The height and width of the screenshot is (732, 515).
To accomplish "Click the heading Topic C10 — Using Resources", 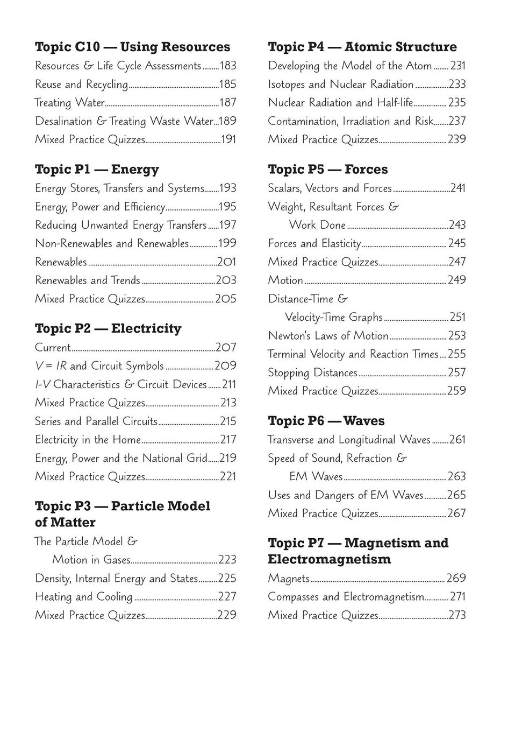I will pyautogui.click(x=132, y=47).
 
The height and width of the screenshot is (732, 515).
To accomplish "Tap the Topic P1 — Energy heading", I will pyautogui.click(x=97, y=170).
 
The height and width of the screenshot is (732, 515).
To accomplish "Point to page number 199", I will pyautogui.click(x=227, y=243).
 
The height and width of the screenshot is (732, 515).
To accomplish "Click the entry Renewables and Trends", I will pyautogui.click(x=88, y=280).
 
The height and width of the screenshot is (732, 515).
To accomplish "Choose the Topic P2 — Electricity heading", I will pyautogui.click(x=108, y=328).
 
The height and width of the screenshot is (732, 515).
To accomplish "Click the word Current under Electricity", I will pyautogui.click(x=53, y=348).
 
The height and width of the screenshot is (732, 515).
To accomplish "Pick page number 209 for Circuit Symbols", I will pyautogui.click(x=226, y=366).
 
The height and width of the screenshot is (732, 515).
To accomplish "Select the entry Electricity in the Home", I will pyautogui.click(x=88, y=440).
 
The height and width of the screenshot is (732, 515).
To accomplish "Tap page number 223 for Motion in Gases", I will pyautogui.click(x=227, y=560).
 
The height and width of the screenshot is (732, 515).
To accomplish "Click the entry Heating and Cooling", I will pyautogui.click(x=83, y=597).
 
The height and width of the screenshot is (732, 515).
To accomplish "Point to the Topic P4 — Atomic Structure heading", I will pyautogui.click(x=362, y=47).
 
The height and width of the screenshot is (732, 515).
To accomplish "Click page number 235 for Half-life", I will pyautogui.click(x=457, y=102).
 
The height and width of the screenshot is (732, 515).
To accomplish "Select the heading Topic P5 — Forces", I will pyautogui.click(x=327, y=170).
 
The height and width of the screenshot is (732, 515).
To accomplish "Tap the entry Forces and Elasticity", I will pyautogui.click(x=314, y=243).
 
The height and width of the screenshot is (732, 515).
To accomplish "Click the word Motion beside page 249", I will pyautogui.click(x=285, y=280).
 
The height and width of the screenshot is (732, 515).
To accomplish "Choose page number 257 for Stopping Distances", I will pyautogui.click(x=457, y=372).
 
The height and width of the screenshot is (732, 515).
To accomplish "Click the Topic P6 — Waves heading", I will pyautogui.click(x=326, y=421).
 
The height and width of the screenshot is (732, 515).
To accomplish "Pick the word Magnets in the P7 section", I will pyautogui.click(x=289, y=579).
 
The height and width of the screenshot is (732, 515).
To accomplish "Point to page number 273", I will pyautogui.click(x=457, y=615).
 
